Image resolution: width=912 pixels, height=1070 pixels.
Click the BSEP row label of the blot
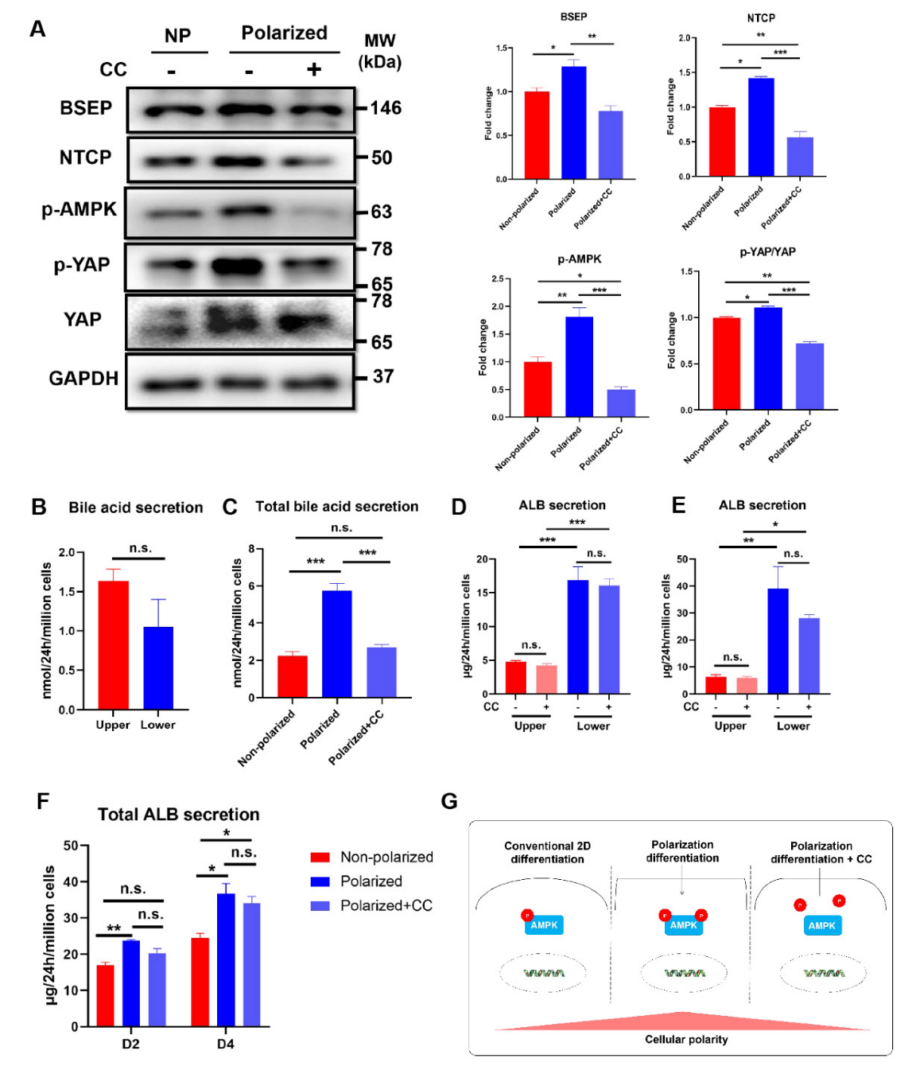(86, 108)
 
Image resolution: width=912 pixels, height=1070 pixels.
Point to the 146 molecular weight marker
(386, 108)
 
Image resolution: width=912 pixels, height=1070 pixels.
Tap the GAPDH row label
(83, 379)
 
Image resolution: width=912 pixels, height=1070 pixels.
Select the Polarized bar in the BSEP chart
(573, 123)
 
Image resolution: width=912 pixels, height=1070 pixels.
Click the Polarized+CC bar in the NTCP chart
(800, 157)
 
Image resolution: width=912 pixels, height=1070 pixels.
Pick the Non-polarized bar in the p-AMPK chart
(537, 389)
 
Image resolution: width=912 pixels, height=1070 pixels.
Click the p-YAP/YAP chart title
(767, 252)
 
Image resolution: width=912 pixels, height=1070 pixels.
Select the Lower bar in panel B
(158, 667)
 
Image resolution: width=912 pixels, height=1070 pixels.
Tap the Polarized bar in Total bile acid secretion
(336, 644)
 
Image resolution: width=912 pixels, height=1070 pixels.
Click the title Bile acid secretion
(136, 508)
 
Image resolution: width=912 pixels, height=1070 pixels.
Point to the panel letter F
(43, 801)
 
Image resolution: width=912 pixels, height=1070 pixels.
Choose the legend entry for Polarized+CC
(386, 905)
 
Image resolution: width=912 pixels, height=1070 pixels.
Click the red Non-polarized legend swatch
(320, 857)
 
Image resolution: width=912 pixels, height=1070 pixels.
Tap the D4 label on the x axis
(226, 1044)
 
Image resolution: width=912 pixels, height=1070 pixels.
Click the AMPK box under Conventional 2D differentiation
(544, 925)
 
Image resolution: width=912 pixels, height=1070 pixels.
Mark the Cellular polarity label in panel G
(686, 1040)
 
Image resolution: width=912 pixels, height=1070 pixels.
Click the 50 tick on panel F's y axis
(71, 846)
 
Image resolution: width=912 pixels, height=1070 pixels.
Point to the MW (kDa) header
(380, 51)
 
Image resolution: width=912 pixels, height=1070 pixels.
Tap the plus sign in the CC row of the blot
(314, 70)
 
